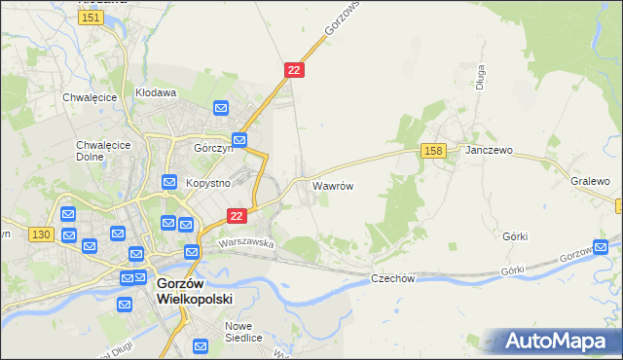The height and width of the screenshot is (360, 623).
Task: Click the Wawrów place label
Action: pos(331,184)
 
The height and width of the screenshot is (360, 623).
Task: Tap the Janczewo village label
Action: pos(489,151)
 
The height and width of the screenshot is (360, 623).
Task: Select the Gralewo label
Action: pos(590,181)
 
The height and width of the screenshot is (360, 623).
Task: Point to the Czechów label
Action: pos(393,278)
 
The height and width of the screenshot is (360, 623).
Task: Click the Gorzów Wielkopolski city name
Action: pos(194,291)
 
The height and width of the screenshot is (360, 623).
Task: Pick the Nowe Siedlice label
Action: pos(243,332)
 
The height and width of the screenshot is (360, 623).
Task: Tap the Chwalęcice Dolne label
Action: pos(96,151)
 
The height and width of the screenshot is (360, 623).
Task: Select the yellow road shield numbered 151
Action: pos(92,18)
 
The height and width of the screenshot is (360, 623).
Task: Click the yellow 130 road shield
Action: pos(41,234)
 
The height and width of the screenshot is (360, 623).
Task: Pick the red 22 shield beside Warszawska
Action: pos(236,215)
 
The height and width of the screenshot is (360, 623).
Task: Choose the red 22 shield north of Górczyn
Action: pos(295,70)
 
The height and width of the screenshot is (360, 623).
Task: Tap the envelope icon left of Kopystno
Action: pos(167,182)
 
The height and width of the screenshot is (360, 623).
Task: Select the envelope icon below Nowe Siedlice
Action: pos(202,345)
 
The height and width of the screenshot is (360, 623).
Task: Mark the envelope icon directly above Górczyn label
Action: pos(221,108)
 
